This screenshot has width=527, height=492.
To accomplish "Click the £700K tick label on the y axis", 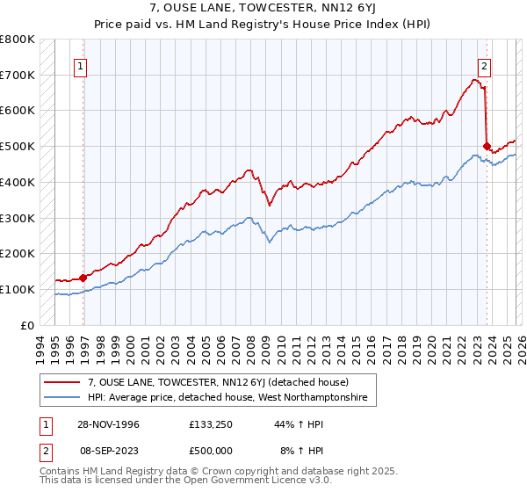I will (x=18, y=76).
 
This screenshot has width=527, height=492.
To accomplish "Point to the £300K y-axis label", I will (x=18, y=218).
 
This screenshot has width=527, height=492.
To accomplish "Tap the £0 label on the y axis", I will (x=26, y=325).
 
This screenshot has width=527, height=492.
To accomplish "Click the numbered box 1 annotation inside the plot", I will (x=81, y=65).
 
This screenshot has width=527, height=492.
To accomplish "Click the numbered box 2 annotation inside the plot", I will (x=484, y=65).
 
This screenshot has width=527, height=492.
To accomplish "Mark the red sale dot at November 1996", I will (x=83, y=278).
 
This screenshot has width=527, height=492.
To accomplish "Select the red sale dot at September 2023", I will (x=487, y=147).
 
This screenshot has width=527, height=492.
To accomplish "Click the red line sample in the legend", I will (x=63, y=382).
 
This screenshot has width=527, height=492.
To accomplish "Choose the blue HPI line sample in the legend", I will (x=63, y=399).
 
